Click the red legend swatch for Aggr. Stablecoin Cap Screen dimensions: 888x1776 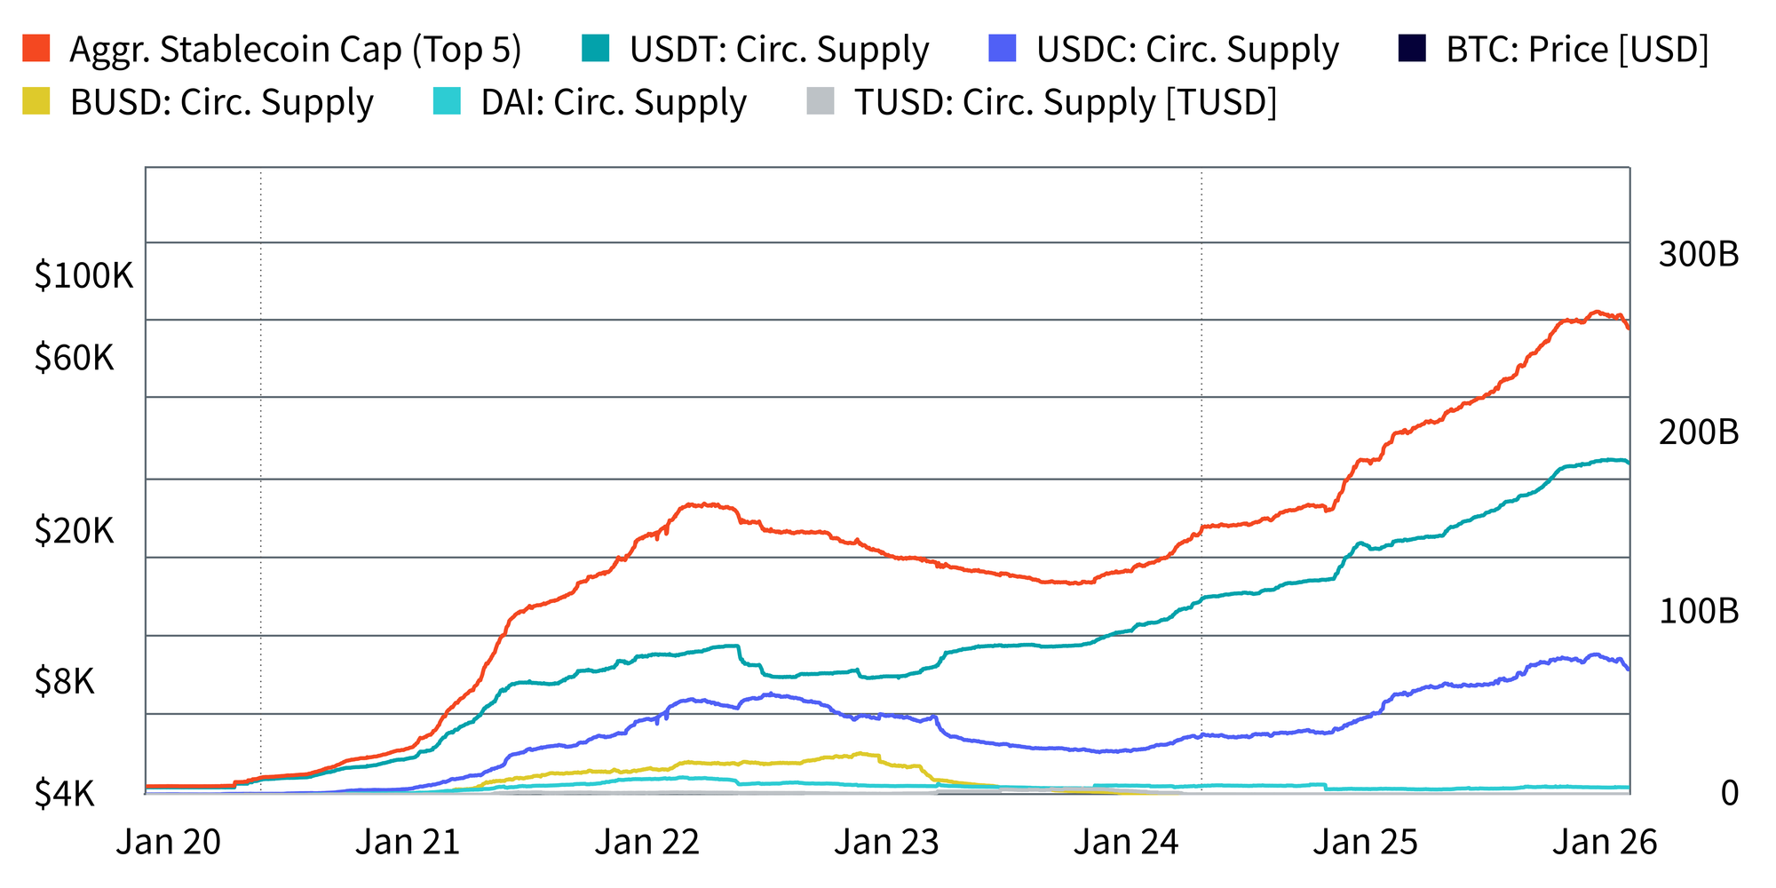[36, 48]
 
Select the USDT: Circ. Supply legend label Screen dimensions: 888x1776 [779, 50]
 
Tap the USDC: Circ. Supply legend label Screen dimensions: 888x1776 [1187, 50]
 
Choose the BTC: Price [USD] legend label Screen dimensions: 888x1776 [1577, 50]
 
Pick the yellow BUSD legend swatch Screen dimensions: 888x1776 [36, 101]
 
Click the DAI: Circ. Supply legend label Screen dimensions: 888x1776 [614, 103]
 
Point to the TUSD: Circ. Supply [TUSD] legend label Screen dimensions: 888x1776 [1066, 103]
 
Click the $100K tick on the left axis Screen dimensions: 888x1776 [83, 276]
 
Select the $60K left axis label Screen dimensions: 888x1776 [75, 358]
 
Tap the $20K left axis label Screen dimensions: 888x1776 [75, 531]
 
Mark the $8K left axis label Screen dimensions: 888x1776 [64, 682]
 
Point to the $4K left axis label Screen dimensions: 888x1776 [64, 793]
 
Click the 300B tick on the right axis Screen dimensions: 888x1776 [1698, 255]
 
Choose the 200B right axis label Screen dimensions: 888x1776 [1698, 432]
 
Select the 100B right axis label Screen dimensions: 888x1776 [1698, 611]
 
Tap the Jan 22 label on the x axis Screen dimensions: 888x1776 [647, 842]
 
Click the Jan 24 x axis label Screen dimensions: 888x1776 [1126, 842]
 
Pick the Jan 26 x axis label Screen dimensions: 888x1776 [1605, 842]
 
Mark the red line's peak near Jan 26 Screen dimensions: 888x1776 [1596, 312]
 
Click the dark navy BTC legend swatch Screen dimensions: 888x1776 [1412, 48]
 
